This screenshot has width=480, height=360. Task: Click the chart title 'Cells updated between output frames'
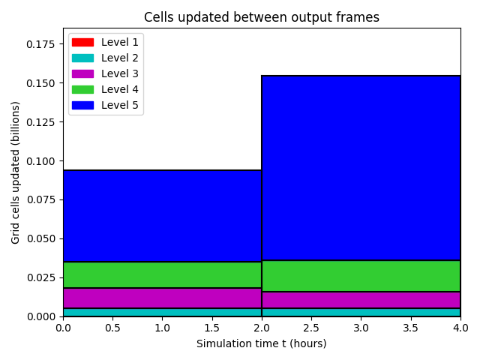[262, 17]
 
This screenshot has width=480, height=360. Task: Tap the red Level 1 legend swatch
[82, 42]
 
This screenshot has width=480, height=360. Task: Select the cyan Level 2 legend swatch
[82, 58]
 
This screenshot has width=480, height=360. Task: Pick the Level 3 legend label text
[120, 73]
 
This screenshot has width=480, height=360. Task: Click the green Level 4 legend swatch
[82, 89]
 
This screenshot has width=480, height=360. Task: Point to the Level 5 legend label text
[120, 105]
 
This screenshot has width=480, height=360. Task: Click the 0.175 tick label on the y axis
[40, 44]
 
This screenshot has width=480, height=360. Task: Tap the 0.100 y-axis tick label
[40, 161]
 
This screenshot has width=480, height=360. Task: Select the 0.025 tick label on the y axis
[40, 277]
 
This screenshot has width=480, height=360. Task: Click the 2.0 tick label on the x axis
[262, 328]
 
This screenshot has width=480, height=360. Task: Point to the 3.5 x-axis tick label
[410, 328]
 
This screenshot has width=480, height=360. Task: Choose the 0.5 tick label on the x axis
[112, 328]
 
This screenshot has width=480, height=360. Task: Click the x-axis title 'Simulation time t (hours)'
[262, 343]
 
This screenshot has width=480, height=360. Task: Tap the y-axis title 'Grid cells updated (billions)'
[15, 172]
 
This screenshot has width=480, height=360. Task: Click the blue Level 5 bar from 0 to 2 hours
[162, 216]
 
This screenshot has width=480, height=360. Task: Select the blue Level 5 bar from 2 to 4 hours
[361, 168]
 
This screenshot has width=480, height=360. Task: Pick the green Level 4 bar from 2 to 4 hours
[361, 276]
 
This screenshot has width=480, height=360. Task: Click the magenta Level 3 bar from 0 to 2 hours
[162, 298]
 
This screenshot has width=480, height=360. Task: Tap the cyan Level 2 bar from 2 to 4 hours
[361, 312]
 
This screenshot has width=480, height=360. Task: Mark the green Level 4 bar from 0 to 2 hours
[162, 275]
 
